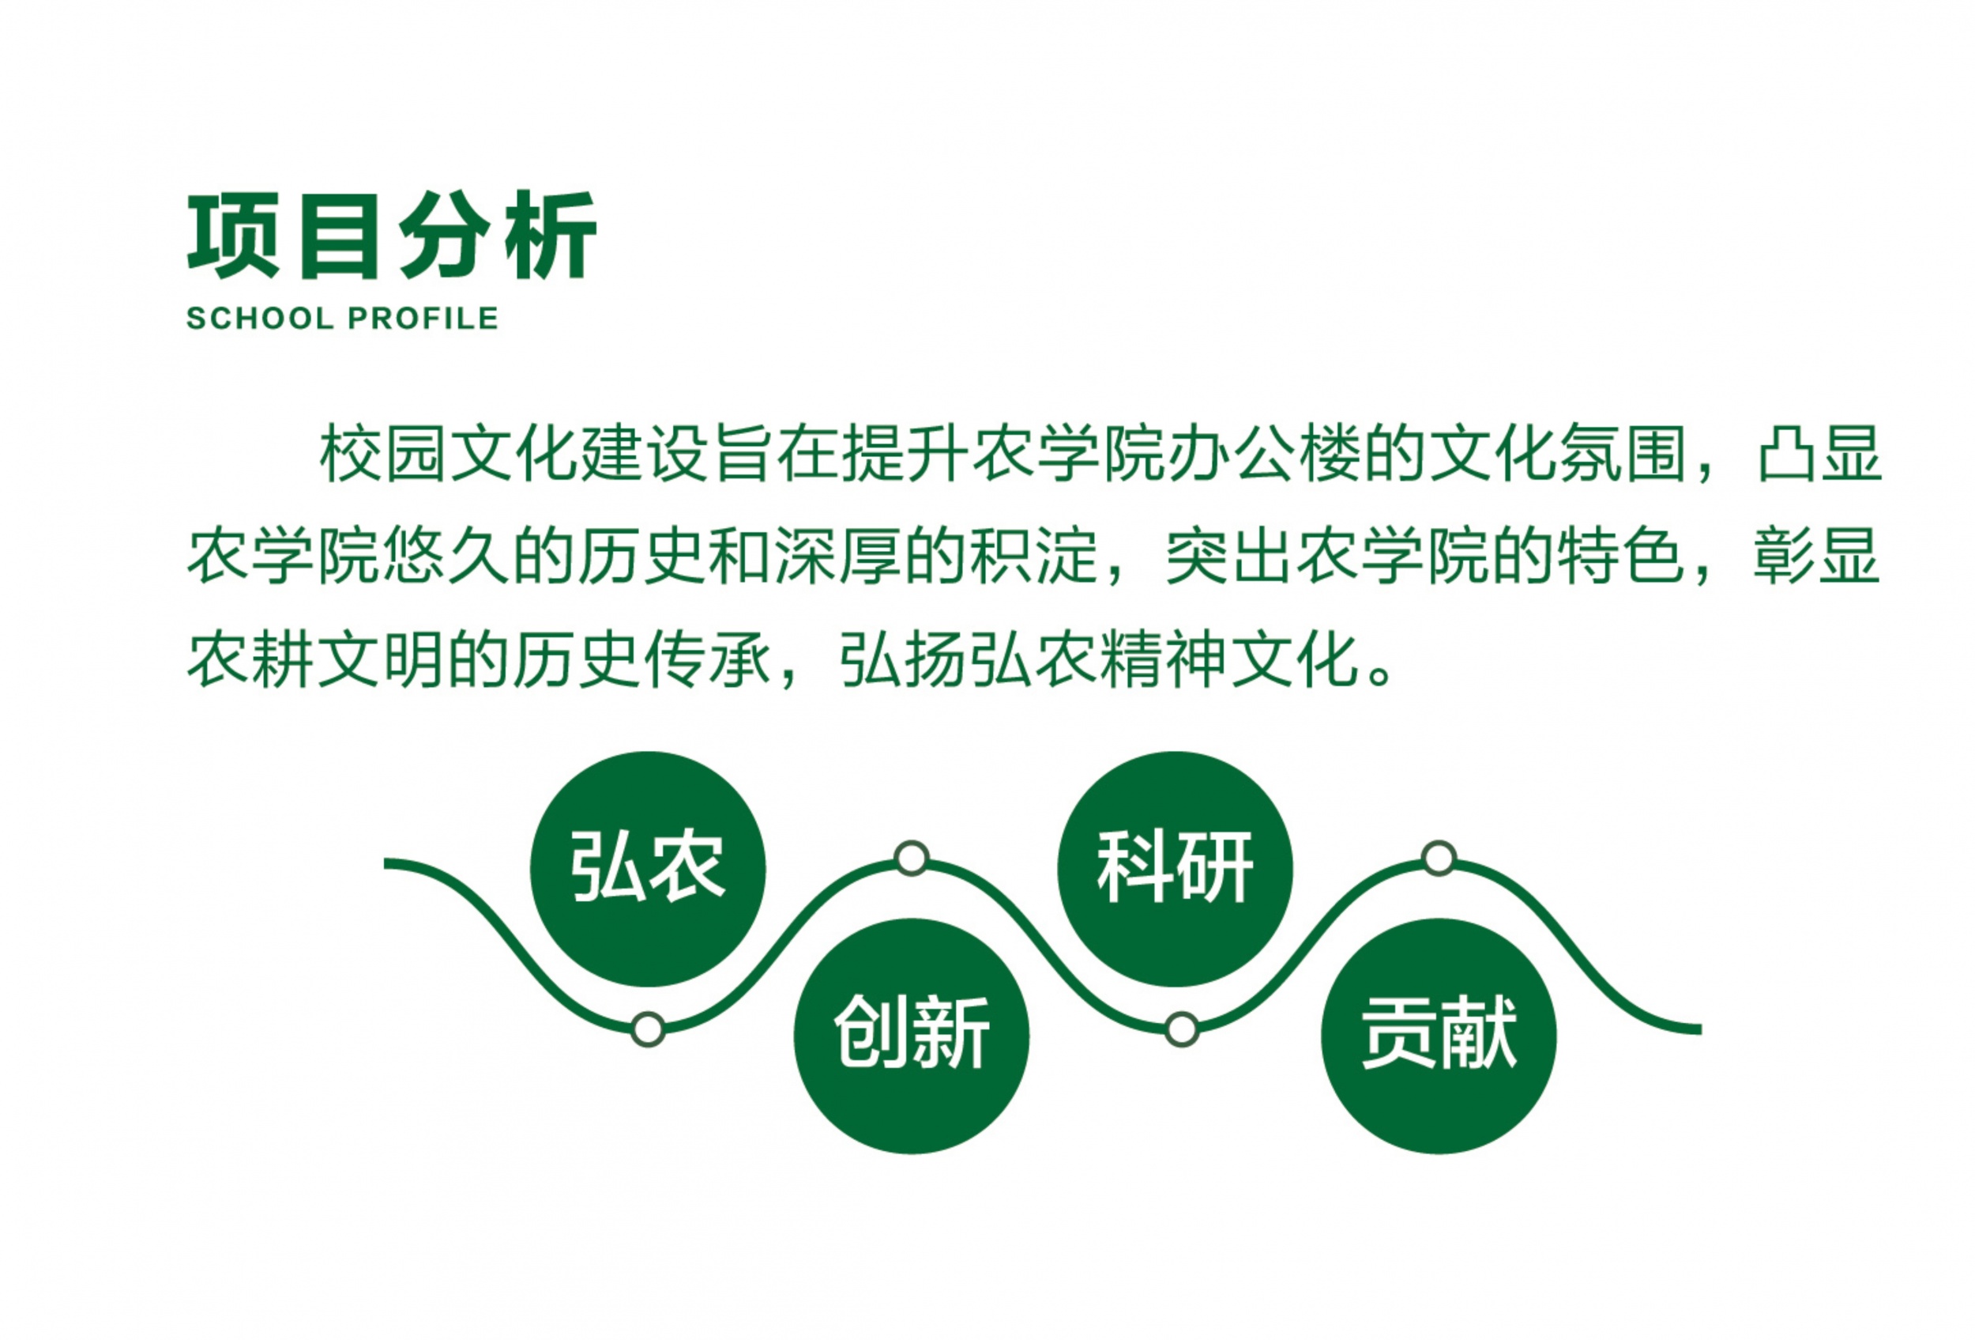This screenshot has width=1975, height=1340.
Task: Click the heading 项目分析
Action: pyautogui.click(x=392, y=236)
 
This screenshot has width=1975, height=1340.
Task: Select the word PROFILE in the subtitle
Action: pyautogui.click(x=423, y=319)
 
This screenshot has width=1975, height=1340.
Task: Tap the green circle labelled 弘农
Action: pyautogui.click(x=648, y=869)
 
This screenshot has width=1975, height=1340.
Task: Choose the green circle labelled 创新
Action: pyautogui.click(x=912, y=1036)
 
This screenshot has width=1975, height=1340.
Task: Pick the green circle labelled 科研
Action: pyautogui.click(x=1176, y=869)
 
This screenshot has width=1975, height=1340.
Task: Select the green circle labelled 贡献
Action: pyautogui.click(x=1439, y=1036)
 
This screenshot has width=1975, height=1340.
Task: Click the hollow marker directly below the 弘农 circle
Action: pyautogui.click(x=648, y=1029)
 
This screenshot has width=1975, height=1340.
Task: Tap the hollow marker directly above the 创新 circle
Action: pyautogui.click(x=912, y=858)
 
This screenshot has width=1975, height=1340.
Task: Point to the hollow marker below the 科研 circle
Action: pyautogui.click(x=1181, y=1029)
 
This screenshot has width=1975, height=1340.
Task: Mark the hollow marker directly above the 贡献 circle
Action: pyautogui.click(x=1439, y=858)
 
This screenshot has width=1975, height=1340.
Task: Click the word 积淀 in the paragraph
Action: pyautogui.click(x=1034, y=557)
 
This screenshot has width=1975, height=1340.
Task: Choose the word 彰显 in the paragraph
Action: pyautogui.click(x=1817, y=557)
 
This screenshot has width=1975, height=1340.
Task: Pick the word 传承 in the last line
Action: pyautogui.click(x=707, y=659)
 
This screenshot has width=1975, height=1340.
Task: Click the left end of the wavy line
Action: pyautogui.click(x=385, y=864)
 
